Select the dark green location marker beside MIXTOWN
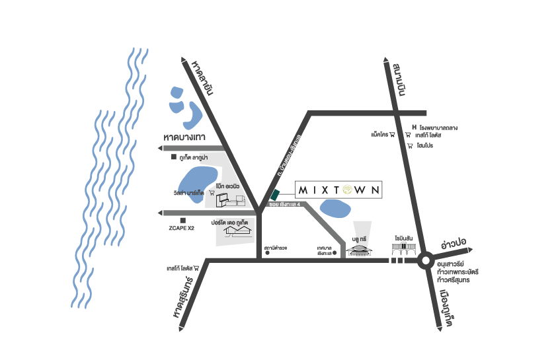274,194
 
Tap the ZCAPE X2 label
182,229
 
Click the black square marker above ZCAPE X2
182,220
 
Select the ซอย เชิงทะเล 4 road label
285,205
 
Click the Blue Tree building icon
360,251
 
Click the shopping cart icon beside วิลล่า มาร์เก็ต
212,194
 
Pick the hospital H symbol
414,127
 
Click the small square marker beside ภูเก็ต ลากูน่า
174,158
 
